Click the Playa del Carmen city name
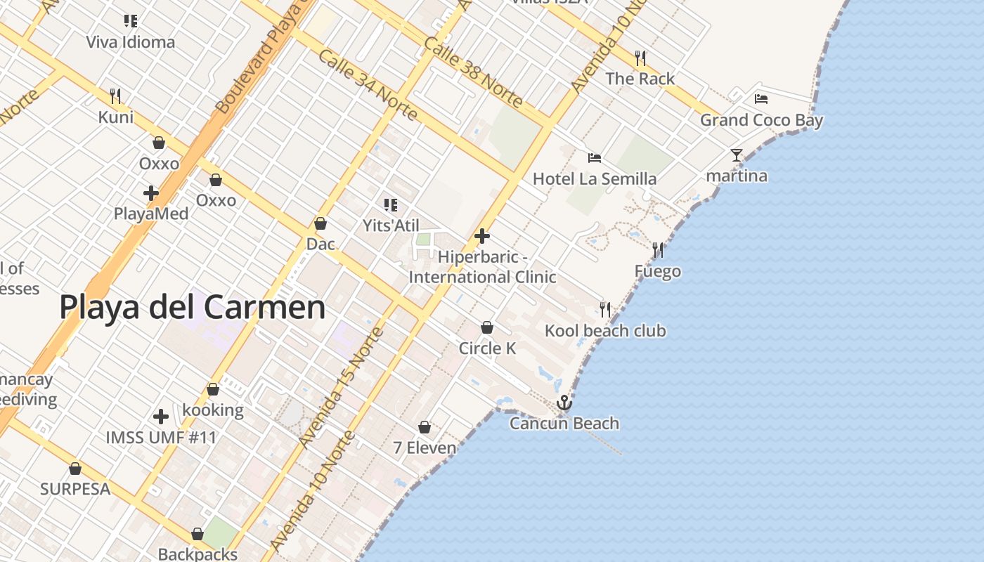point(192,308)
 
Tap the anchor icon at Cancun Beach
point(564,403)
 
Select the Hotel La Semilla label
point(595,179)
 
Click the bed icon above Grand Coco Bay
point(761,99)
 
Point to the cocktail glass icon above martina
point(736,155)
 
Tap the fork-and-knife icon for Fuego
point(658,249)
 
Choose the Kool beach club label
point(605,330)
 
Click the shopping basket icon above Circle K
point(486,327)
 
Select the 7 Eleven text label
point(425,447)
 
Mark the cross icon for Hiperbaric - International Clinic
point(482,236)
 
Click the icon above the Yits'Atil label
point(391,205)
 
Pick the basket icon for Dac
point(321,223)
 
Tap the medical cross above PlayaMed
point(151,192)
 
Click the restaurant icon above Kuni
point(115,96)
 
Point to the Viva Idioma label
point(131,42)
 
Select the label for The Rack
point(640,79)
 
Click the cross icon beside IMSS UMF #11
point(161,417)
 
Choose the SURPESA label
point(75,489)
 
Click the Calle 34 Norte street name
point(367,86)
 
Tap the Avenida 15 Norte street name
point(340,388)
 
